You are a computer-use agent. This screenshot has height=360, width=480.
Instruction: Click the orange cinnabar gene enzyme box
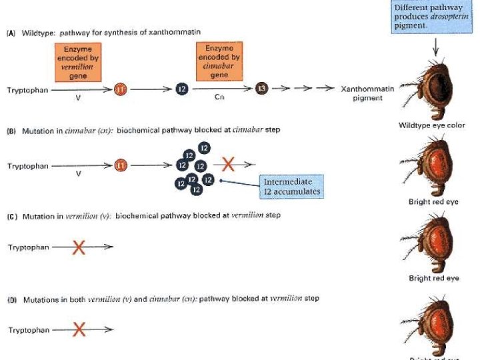point(219,60)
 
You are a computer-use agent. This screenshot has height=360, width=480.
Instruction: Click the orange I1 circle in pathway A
point(120,89)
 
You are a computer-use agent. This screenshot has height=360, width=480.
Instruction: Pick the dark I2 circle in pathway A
point(181,89)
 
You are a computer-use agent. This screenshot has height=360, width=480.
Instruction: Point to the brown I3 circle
point(262,89)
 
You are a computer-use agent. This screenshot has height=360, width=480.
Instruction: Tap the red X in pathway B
point(229,163)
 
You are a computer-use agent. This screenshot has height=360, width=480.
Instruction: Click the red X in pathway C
point(79,247)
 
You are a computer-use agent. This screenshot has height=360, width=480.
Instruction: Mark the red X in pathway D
point(79,329)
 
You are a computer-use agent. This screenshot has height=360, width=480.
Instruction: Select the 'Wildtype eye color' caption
point(431,125)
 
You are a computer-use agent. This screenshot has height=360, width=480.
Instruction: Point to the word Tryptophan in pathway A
point(27,90)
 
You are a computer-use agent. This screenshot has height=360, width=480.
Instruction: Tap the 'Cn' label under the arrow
point(220,98)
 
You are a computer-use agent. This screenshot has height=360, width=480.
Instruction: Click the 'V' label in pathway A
point(79,98)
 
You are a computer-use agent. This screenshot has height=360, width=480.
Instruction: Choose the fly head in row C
point(430,240)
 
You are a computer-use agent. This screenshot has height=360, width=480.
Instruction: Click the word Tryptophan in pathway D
point(27,330)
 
